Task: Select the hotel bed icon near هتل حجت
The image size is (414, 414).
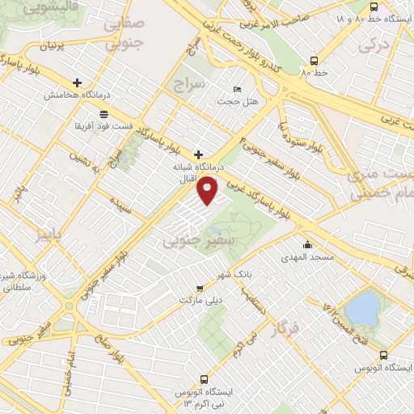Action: pyautogui.click(x=237, y=89)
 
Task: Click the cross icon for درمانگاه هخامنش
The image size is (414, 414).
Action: pyautogui.click(x=78, y=82)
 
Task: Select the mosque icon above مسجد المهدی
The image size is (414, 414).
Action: pyautogui.click(x=306, y=245)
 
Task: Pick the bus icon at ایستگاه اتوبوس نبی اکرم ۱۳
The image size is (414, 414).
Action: pyautogui.click(x=205, y=378)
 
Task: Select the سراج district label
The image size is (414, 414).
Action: pyautogui.click(x=191, y=83)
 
